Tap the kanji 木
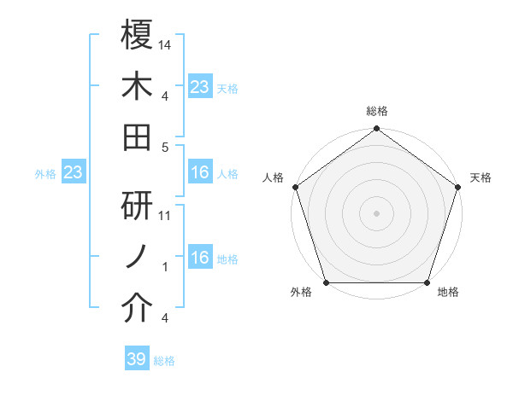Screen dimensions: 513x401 pyautogui.click(x=137, y=85)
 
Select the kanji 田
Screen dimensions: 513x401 pyautogui.click(x=137, y=137)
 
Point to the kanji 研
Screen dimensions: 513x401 pyautogui.click(x=137, y=205)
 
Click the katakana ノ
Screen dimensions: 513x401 pyautogui.click(x=137, y=257)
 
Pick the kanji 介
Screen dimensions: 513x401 pyautogui.click(x=137, y=310)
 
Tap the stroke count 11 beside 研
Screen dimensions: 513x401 pyautogui.click(x=166, y=216)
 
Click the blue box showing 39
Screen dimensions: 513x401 pyautogui.click(x=136, y=359)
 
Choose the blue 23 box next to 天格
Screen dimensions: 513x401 pyautogui.click(x=199, y=86)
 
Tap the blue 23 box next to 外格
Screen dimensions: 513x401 pyautogui.click(x=73, y=173)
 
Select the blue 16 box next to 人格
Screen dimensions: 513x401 pyautogui.click(x=199, y=173)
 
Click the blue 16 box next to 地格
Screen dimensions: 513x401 pyautogui.click(x=199, y=259)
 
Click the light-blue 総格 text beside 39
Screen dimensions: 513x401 pyautogui.click(x=164, y=361)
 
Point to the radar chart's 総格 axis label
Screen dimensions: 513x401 pyautogui.click(x=376, y=111)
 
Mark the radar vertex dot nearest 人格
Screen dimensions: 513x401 pyautogui.click(x=295, y=187)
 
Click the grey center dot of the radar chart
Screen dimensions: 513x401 pyautogui.click(x=376, y=213)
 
